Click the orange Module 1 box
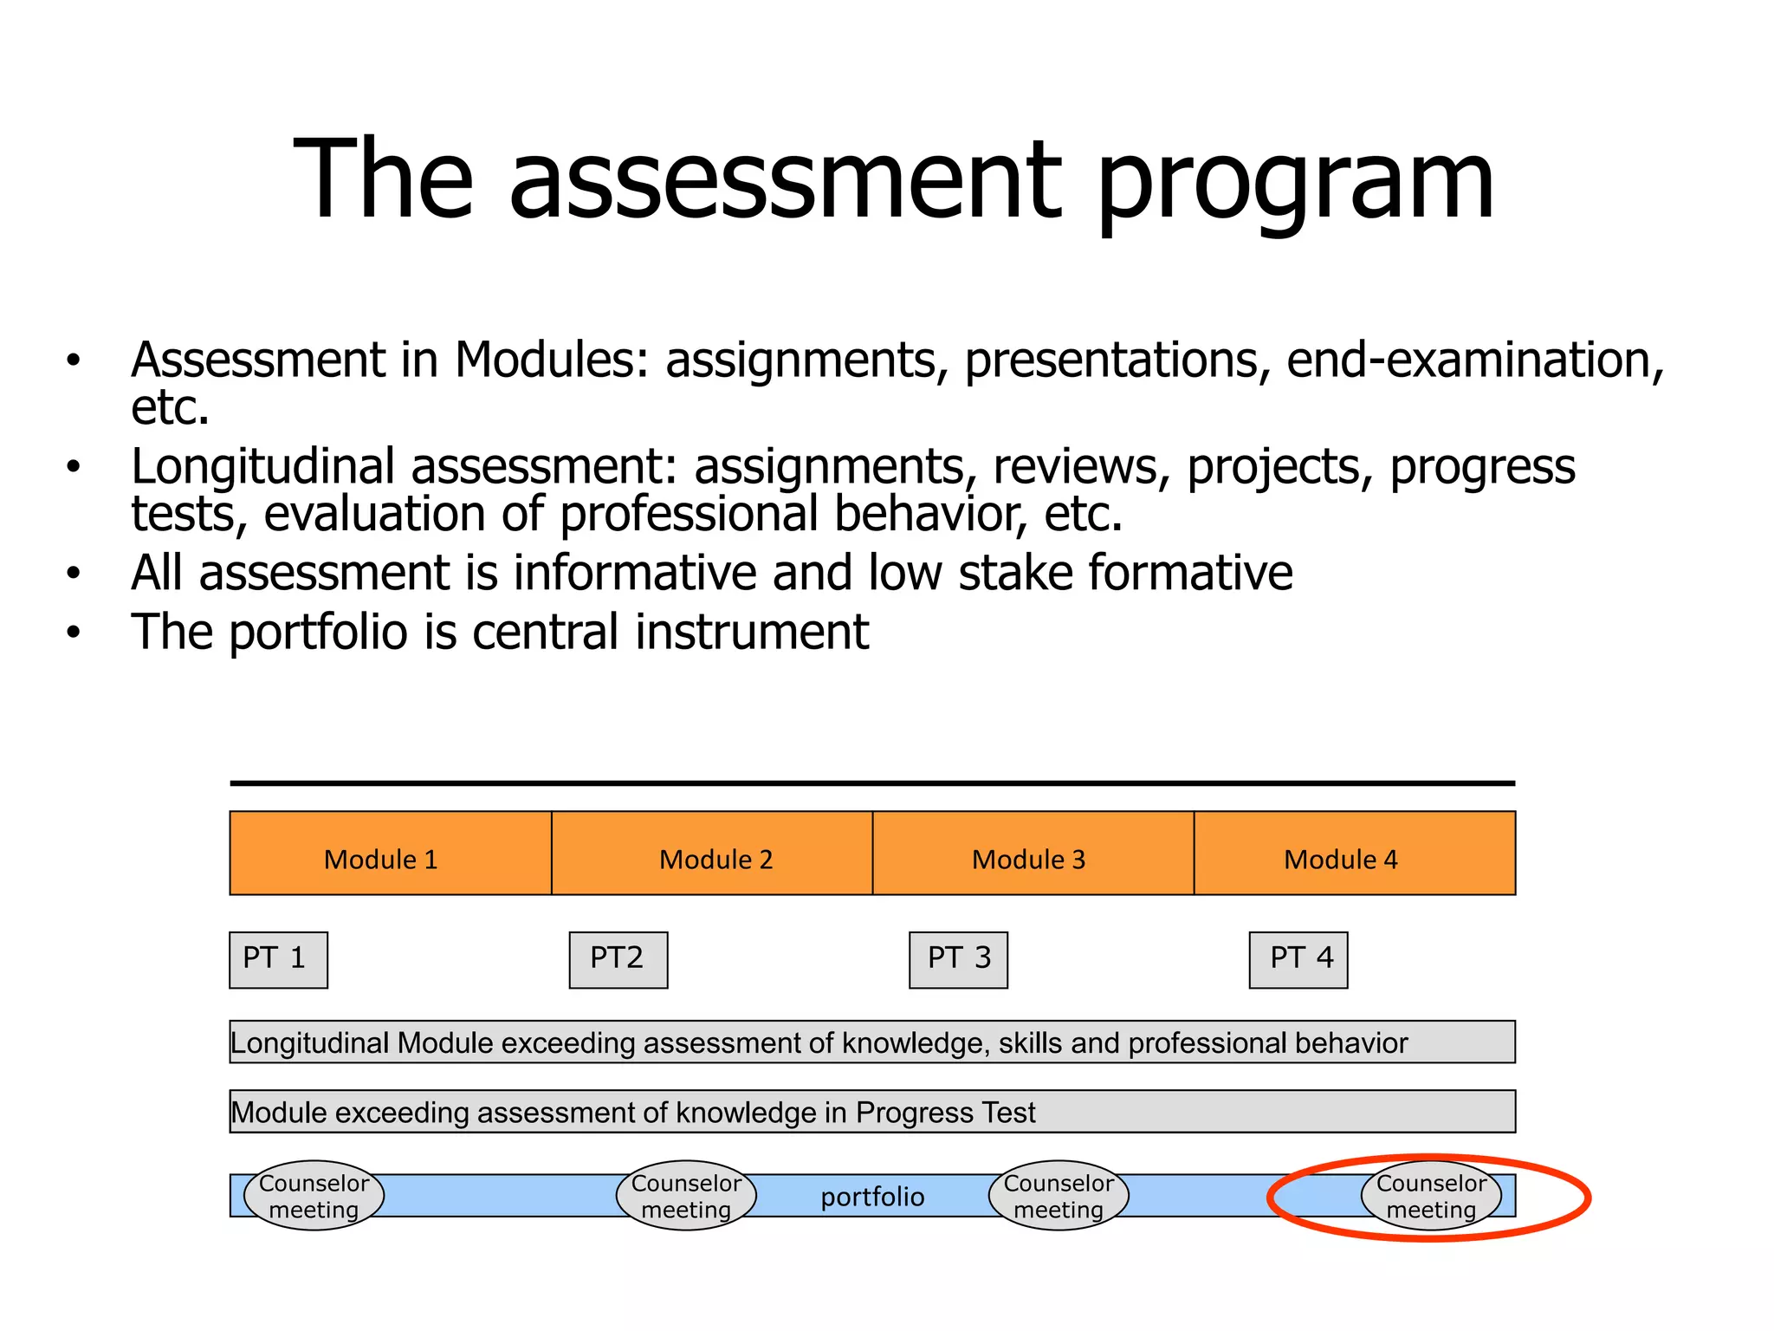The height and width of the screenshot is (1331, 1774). (x=390, y=853)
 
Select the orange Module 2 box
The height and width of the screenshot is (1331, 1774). (x=712, y=853)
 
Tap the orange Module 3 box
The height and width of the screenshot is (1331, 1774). (x=1033, y=853)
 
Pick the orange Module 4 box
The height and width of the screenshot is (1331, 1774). (x=1354, y=853)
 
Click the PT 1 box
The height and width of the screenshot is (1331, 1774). (x=278, y=959)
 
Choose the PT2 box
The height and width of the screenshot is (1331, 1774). (x=618, y=959)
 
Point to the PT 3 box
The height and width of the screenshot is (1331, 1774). (x=958, y=959)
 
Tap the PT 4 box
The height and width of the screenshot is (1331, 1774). (x=1298, y=959)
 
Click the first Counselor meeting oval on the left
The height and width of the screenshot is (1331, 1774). (x=314, y=1196)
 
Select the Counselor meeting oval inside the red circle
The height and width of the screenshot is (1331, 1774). (x=1431, y=1196)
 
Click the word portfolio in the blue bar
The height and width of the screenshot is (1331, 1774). (x=872, y=1197)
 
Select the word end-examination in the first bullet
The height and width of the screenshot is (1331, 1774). (x=1474, y=360)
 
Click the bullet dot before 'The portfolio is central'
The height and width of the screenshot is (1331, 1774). (x=74, y=633)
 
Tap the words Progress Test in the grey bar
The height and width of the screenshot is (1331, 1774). (x=945, y=1112)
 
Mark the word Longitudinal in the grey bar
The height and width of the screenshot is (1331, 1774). (x=309, y=1042)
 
